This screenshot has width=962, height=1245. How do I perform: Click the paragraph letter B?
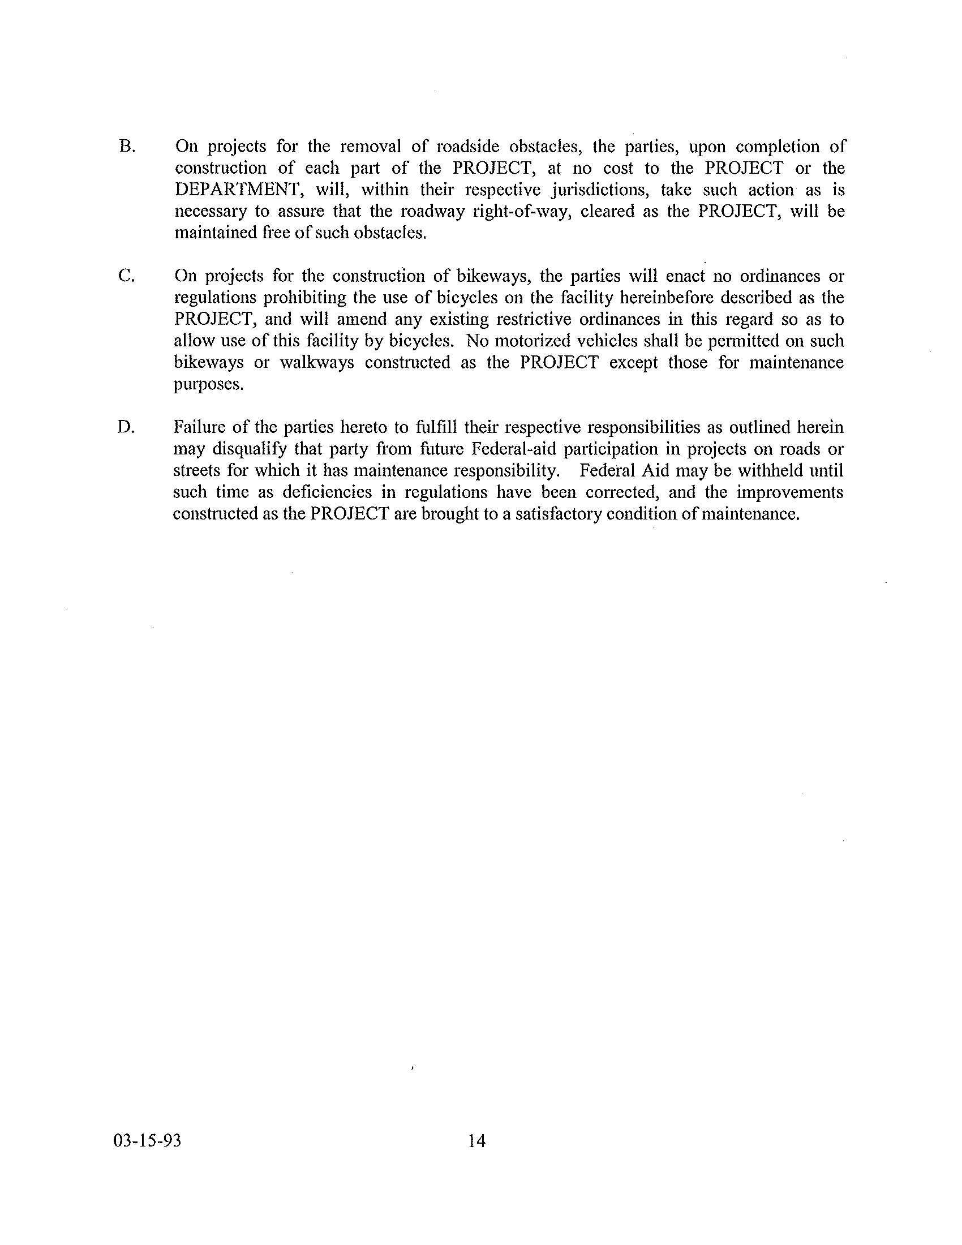pyautogui.click(x=127, y=147)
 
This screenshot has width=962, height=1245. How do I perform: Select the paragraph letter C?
pyautogui.click(x=126, y=276)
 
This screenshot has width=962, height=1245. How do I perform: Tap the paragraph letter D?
pyautogui.click(x=126, y=427)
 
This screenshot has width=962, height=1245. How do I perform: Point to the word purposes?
pyautogui.click(x=201, y=385)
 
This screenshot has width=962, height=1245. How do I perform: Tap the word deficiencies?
pyautogui.click(x=328, y=492)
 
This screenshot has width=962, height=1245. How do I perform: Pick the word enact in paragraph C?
pyautogui.click(x=686, y=276)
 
